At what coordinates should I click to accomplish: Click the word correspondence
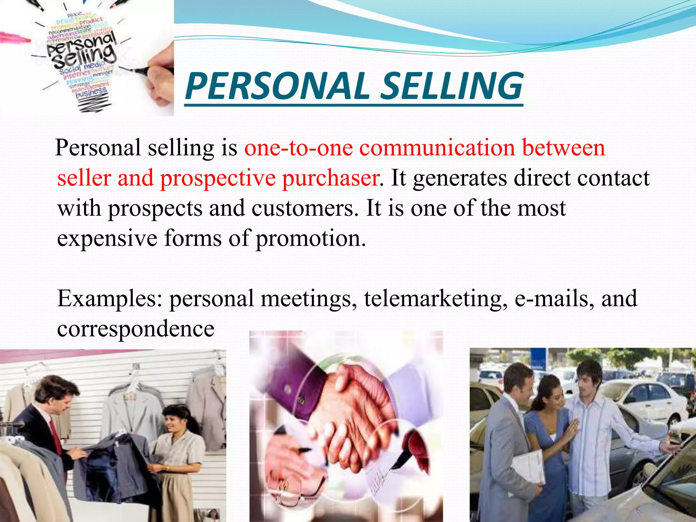(136, 329)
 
